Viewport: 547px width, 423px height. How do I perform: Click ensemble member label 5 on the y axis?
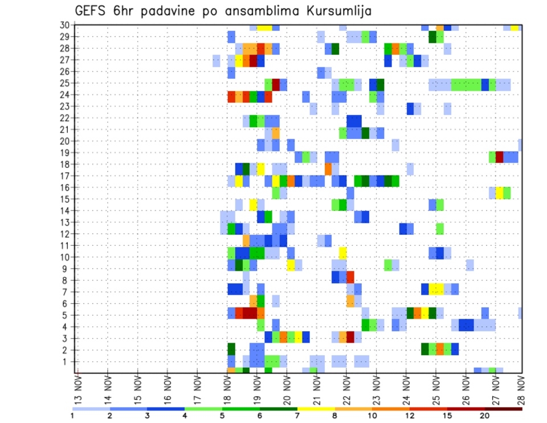click(x=67, y=315)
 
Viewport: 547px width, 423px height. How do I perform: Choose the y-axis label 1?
click(x=67, y=361)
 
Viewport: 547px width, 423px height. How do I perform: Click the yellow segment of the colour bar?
click(x=316, y=409)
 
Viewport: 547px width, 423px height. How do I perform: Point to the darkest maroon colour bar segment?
click(x=504, y=409)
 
